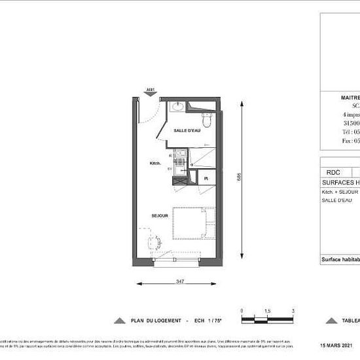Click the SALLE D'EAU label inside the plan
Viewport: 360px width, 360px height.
(187, 131)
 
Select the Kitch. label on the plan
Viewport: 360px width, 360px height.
(155, 163)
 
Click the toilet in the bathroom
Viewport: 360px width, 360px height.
(207, 120)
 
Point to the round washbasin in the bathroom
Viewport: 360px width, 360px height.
(178, 107)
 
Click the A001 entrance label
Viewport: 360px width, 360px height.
(150, 88)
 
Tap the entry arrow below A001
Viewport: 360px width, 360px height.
(150, 94)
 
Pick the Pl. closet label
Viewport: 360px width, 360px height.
(206, 178)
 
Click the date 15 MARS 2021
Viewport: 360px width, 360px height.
(336, 345)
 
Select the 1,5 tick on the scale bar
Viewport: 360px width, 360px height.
(267, 311)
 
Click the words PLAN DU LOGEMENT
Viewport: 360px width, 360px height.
(154, 321)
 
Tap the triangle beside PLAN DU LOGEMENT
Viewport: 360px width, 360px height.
(119, 321)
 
